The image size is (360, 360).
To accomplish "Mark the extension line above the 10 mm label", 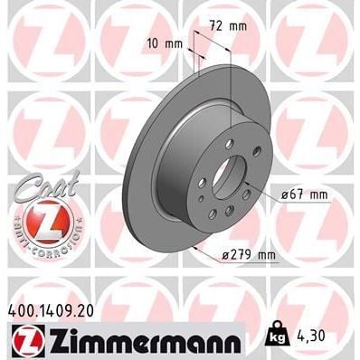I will coord(193,63).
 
